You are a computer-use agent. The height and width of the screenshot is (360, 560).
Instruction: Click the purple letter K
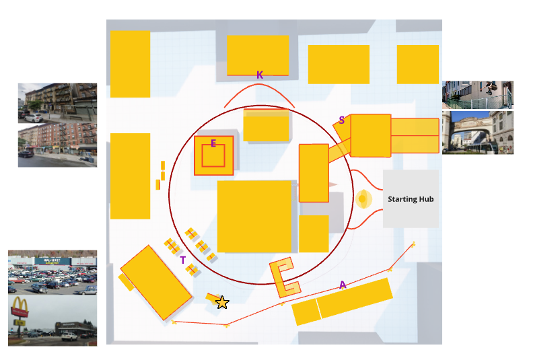point(260,75)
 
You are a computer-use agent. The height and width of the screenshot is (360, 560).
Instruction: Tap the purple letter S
point(342,120)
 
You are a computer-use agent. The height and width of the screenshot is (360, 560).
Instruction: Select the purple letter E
point(213,143)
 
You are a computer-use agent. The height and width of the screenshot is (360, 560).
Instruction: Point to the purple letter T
point(182,260)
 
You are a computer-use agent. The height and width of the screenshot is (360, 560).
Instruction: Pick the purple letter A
point(343,285)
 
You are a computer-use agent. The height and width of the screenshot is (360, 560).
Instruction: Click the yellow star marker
point(222,303)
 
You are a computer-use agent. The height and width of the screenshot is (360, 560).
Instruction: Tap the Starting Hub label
point(411,199)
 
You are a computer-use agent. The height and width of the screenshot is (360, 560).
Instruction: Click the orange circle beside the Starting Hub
point(363,199)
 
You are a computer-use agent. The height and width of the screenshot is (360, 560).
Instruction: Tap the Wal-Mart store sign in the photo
point(52,259)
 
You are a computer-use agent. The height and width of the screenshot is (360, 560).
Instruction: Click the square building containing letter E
point(214,155)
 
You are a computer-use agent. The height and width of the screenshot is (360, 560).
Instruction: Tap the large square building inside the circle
point(254,216)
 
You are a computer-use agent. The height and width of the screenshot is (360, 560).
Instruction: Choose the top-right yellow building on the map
point(417,65)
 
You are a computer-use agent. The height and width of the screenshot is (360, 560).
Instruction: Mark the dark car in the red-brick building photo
point(26,154)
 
